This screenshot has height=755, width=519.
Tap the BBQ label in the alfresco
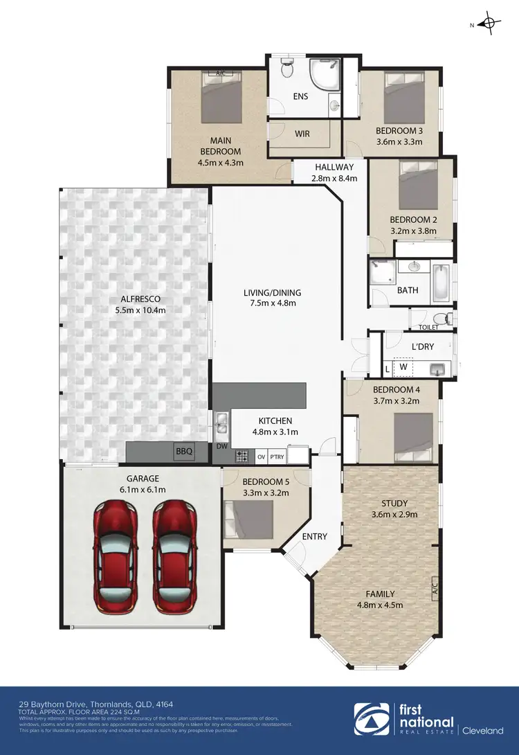pyautogui.click(x=184, y=452)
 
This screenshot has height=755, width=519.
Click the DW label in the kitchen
pyautogui.click(x=221, y=447)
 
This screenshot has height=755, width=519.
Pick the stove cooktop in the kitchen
pyautogui.click(x=242, y=456)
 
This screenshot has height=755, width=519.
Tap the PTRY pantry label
pyautogui.click(x=277, y=457)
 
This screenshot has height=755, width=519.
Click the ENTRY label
pyautogui.click(x=315, y=536)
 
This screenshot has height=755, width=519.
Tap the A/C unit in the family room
pyautogui.click(x=435, y=589)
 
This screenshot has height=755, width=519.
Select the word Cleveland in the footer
pyautogui.click(x=482, y=729)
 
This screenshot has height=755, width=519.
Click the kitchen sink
pyautogui.click(x=221, y=421)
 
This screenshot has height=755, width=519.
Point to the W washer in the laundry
pyautogui.click(x=403, y=367)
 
